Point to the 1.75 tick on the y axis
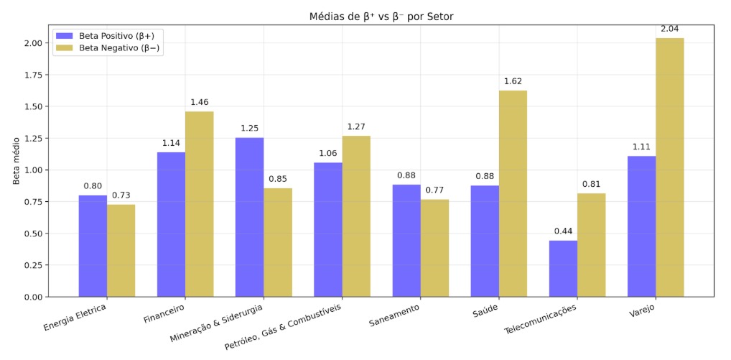[34, 75]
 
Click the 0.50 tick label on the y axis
[34, 234]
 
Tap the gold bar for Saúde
[513, 193]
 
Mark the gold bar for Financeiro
[199, 204]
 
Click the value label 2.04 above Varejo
[670, 29]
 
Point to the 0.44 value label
[563, 231]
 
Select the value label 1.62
[513, 81]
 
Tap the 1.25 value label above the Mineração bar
[249, 129]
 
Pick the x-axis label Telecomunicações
[540, 319]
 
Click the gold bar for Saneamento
[434, 248]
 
